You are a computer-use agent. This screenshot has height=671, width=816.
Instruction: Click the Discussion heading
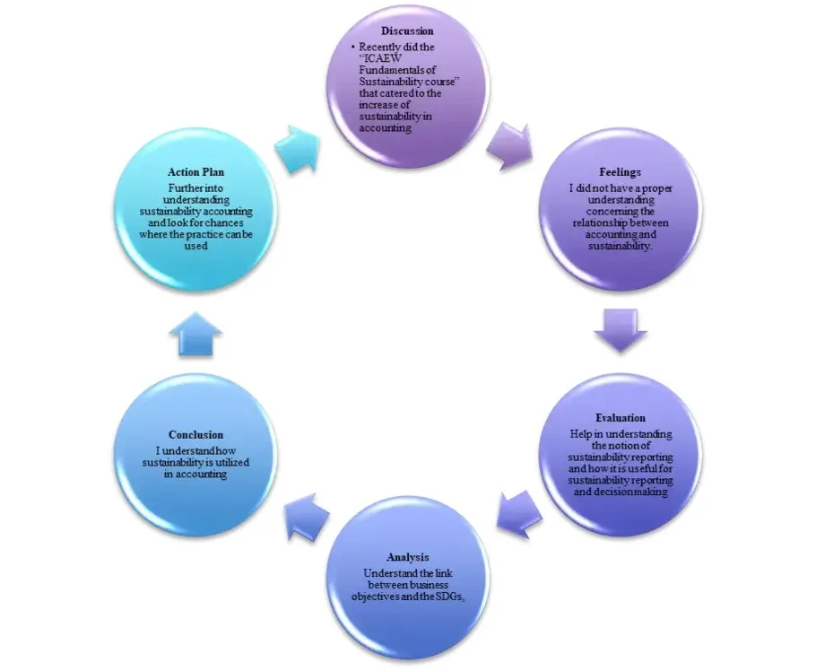(407, 30)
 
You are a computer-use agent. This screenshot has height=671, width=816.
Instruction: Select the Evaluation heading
(620, 418)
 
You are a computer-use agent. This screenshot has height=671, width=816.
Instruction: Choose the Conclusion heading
(195, 435)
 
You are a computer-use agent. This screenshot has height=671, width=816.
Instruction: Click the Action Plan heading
(195, 171)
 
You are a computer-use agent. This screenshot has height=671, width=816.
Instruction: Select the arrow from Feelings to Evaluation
(620, 330)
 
